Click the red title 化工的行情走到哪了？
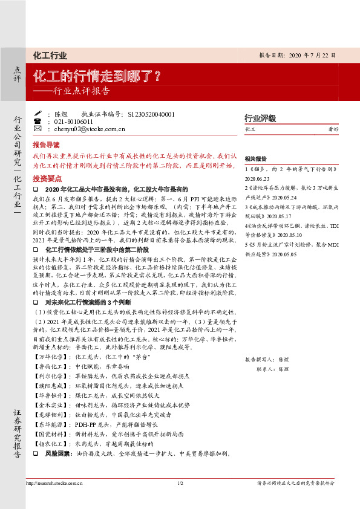pos(97,77)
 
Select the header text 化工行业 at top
pos(50,56)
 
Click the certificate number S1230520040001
pos(150,114)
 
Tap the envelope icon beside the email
pos(38,129)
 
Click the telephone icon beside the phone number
pos(38,121)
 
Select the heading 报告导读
pos(46,145)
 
